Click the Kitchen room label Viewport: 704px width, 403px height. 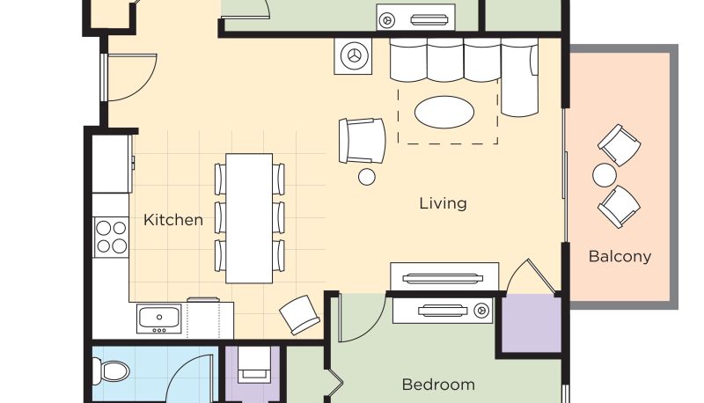tap(172, 220)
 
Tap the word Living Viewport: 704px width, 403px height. tap(444, 203)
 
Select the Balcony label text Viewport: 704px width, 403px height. tap(620, 257)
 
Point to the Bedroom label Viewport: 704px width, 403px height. tap(438, 385)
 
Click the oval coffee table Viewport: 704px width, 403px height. tap(444, 112)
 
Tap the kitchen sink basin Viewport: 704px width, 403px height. tap(159, 318)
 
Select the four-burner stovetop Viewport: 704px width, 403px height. tap(111, 237)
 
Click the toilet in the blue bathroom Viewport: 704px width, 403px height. tap(111, 371)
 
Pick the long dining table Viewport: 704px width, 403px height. tap(249, 218)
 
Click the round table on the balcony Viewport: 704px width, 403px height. tap(605, 175)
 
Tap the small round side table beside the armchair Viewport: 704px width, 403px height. tap(367, 177)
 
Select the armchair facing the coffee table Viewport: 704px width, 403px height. tap(362, 141)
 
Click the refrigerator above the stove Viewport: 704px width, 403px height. tap(112, 164)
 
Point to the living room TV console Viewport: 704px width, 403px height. tap(444, 278)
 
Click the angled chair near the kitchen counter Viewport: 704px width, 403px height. tap(299, 315)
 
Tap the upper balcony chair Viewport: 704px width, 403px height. tap(620, 145)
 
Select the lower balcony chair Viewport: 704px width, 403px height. tap(619, 207)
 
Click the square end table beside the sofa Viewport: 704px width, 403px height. tap(353, 56)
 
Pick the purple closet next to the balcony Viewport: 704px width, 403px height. tap(532, 323)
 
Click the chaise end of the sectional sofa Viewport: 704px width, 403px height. tap(519, 77)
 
